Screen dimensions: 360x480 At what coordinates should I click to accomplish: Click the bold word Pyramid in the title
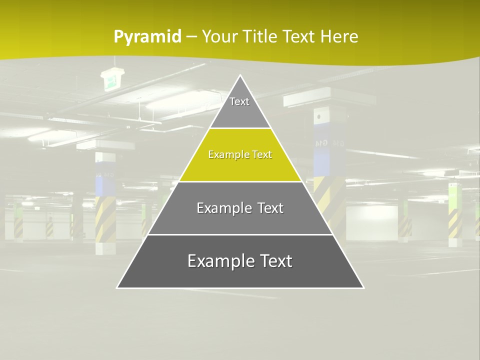click(147, 37)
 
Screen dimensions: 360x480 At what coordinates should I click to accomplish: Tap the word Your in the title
click(220, 36)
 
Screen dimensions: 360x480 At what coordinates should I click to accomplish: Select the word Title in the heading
click(260, 36)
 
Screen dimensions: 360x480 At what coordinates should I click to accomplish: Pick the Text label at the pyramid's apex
click(239, 101)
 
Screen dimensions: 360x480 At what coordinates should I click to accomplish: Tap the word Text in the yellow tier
click(262, 155)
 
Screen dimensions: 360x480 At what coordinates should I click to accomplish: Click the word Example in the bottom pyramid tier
click(219, 261)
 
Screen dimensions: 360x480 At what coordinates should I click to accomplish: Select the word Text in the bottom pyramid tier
click(275, 261)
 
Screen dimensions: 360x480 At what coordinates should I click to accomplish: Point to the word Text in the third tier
click(270, 208)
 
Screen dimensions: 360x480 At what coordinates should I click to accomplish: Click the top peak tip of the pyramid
click(240, 76)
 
